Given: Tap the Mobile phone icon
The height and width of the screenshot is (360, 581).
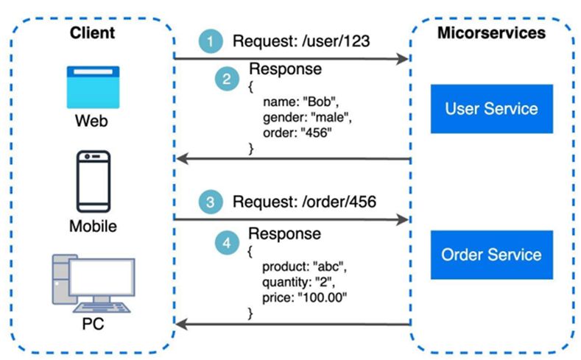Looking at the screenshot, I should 94,181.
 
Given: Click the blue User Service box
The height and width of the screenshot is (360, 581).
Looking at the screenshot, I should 491,109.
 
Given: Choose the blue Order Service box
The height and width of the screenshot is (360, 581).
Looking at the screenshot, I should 491,255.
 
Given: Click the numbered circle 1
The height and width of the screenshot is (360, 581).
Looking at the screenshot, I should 211,42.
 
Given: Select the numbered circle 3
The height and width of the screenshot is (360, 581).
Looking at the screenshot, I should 211,202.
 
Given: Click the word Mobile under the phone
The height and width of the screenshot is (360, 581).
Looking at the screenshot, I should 93,226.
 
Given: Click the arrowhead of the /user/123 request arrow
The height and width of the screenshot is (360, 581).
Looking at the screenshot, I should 403,58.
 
